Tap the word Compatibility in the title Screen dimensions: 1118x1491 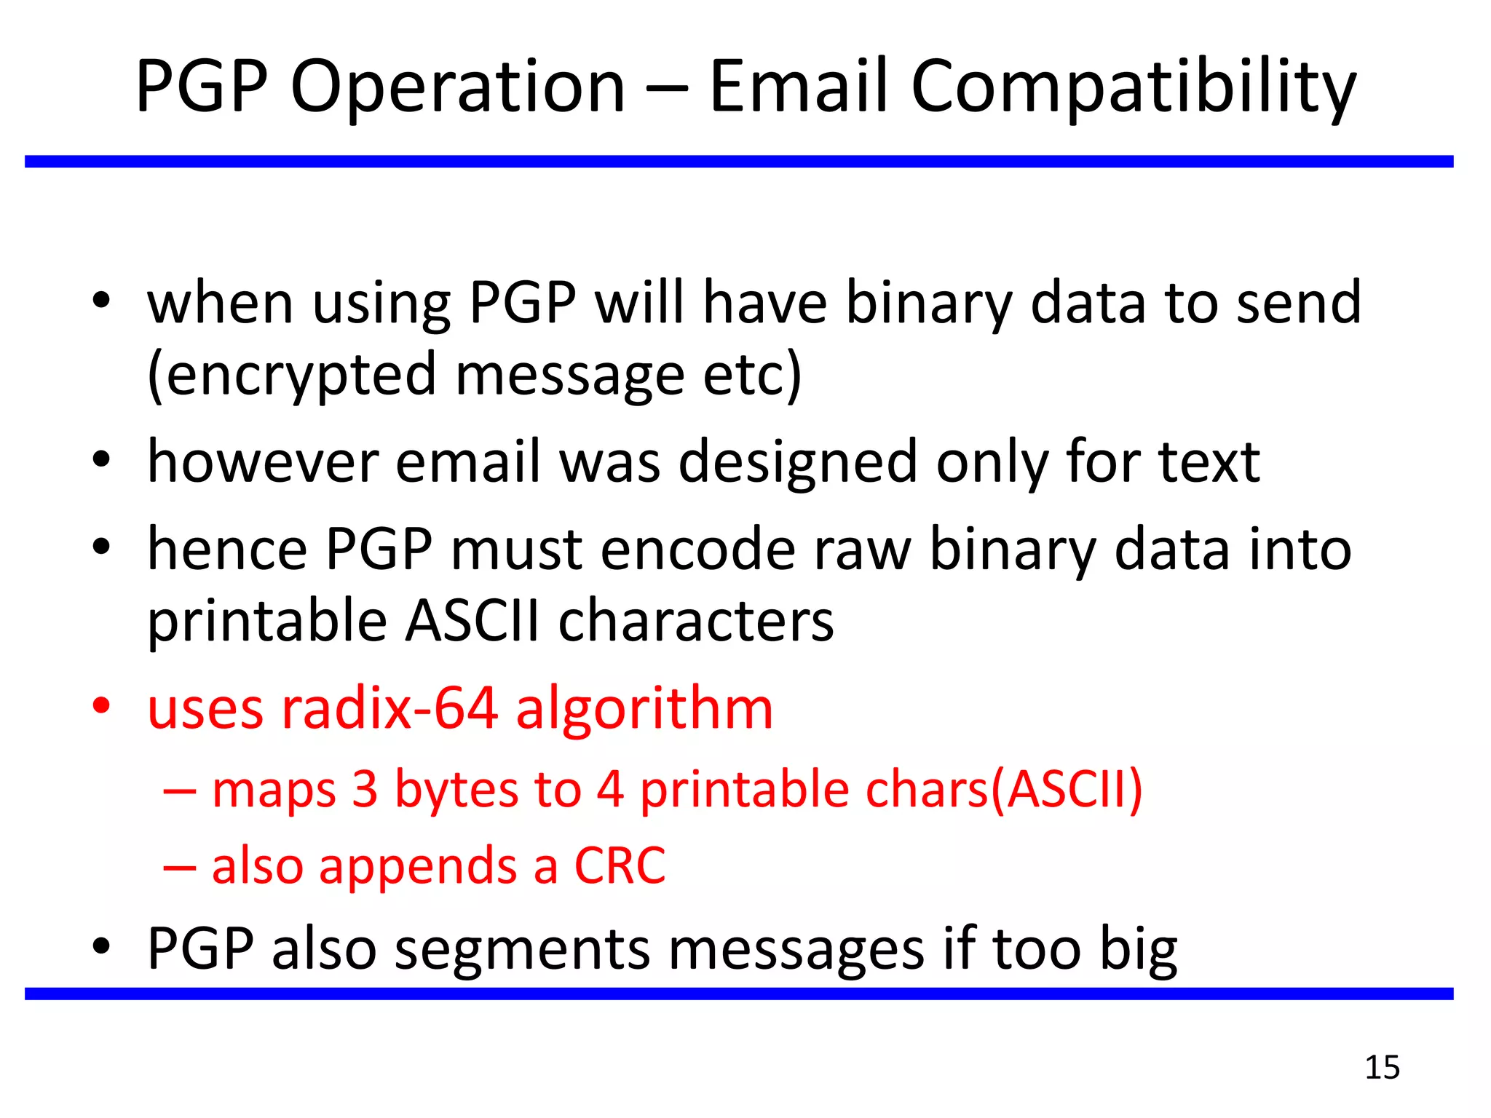[x=1133, y=87]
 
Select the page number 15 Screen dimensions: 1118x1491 [x=1382, y=1068]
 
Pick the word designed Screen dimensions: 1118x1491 [x=797, y=463]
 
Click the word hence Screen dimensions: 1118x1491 [x=227, y=549]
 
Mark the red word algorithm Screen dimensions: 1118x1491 [x=644, y=709]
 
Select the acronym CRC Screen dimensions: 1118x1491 [x=620, y=866]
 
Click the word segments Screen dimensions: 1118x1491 [x=521, y=949]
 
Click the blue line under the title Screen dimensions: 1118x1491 [x=738, y=162]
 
